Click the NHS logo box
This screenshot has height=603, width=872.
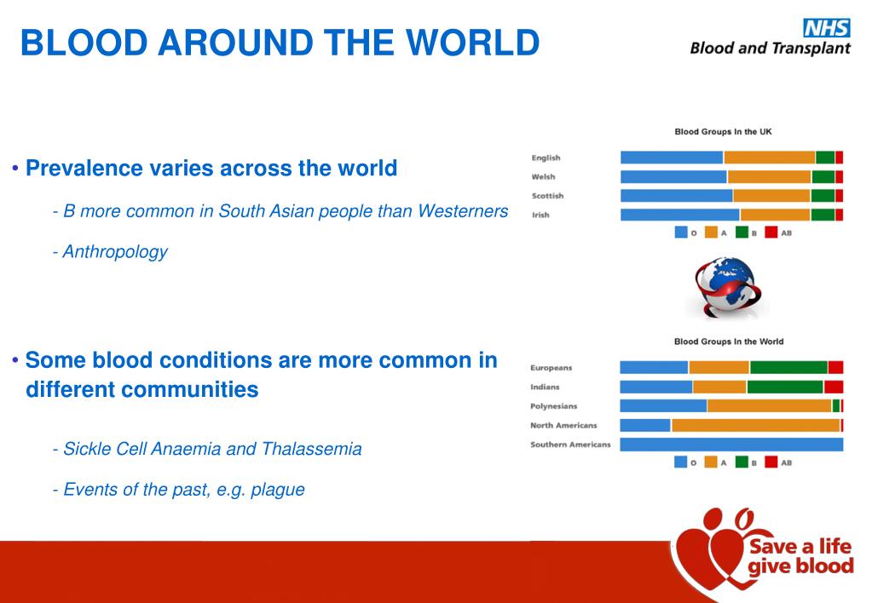827,28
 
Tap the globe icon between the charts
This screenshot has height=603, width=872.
725,286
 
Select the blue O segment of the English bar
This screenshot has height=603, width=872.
672,158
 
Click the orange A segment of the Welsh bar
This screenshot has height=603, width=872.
769,177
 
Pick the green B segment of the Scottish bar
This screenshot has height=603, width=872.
823,196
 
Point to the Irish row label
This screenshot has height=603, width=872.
540,215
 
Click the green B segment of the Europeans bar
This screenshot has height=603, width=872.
788,367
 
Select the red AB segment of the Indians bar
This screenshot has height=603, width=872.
834,387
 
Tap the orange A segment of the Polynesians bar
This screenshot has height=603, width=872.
769,406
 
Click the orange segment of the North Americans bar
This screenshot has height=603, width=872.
755,425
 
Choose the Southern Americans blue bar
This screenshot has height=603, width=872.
731,445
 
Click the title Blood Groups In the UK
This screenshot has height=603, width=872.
723,132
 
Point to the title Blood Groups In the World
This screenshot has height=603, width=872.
728,342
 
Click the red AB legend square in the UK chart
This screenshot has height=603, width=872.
771,232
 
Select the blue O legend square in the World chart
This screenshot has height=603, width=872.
681,462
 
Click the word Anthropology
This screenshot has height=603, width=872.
115,252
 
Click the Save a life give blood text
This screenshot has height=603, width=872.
799,557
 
